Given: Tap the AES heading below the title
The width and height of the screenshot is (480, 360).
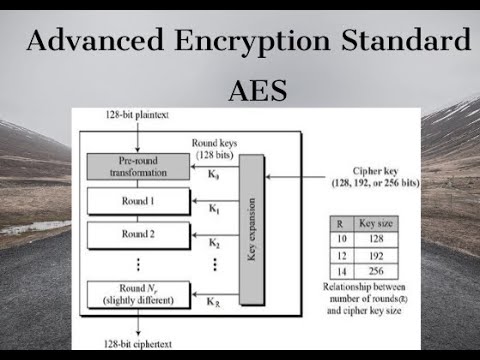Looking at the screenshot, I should click(x=258, y=91).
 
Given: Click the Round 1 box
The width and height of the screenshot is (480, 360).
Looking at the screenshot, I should click(x=139, y=200).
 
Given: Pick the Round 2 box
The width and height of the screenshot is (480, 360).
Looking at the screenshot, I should click(x=139, y=236).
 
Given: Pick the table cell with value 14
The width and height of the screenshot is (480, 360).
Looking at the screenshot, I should click(x=341, y=269).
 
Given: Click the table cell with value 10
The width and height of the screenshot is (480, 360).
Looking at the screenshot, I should click(x=341, y=241).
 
